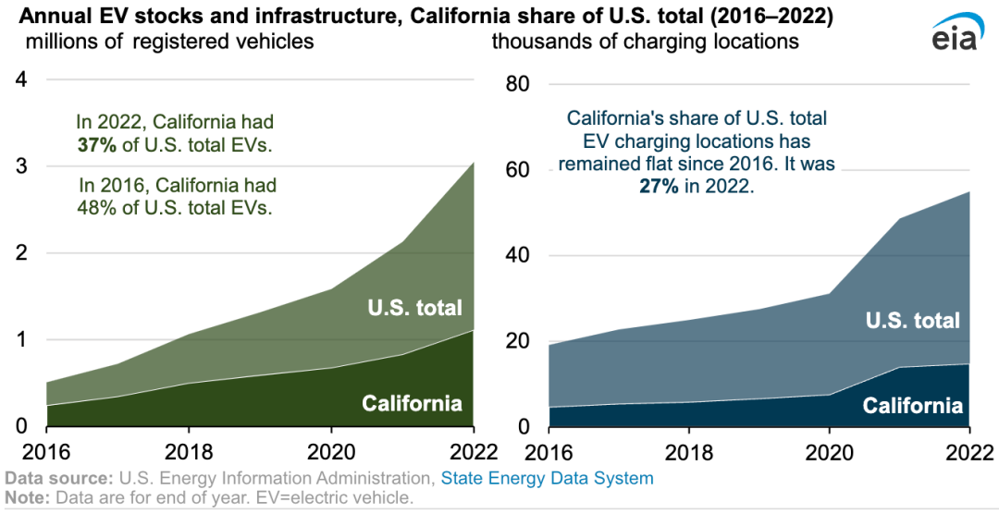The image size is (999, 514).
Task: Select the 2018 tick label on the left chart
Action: point(189,455)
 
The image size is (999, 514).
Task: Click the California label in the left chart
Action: point(412,403)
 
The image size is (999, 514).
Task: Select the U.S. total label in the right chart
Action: point(912,321)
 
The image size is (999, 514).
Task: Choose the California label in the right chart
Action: point(912,406)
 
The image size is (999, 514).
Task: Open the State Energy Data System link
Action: point(547,479)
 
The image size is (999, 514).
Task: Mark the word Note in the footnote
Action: point(26,497)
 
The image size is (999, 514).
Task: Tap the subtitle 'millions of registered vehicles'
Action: point(169,42)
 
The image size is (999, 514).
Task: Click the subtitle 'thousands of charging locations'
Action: point(645,42)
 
